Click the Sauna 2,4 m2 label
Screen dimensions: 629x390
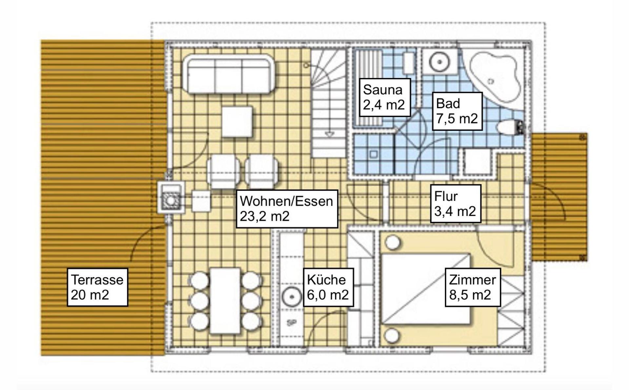click(385, 97)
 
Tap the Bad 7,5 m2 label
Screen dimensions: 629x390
click(457, 111)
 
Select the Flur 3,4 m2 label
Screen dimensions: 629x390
click(456, 204)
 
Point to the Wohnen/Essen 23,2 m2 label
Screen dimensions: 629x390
click(287, 209)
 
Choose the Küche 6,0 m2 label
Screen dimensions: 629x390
click(328, 287)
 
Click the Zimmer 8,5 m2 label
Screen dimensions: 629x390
click(473, 287)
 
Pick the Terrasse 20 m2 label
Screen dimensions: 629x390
click(97, 287)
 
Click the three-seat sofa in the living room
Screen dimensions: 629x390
click(229, 74)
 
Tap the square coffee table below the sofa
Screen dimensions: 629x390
click(237, 122)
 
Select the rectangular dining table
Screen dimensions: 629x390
click(225, 301)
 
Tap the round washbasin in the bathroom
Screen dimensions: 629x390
click(439, 62)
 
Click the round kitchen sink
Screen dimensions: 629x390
click(291, 297)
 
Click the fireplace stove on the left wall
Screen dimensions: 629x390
click(170, 198)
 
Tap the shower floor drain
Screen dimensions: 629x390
click(374, 154)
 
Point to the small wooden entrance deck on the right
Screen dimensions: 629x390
click(559, 197)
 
